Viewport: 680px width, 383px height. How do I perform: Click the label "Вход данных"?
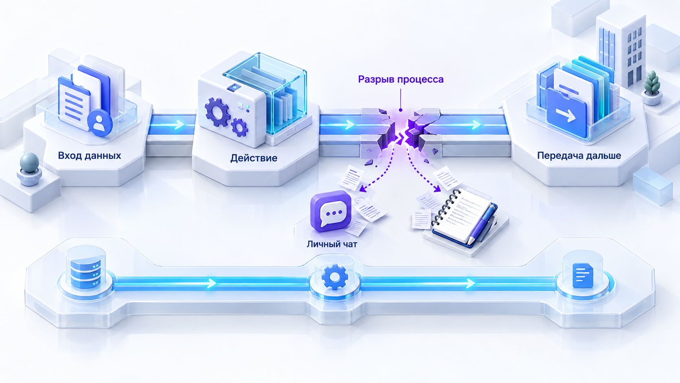[x=89, y=156]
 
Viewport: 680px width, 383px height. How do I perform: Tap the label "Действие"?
[x=254, y=158]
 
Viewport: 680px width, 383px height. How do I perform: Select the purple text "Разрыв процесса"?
[x=401, y=80]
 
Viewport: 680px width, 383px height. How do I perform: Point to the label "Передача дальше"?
[x=579, y=156]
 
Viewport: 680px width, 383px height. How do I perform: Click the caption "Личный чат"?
[x=332, y=244]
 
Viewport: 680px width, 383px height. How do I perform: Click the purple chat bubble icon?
[x=331, y=211]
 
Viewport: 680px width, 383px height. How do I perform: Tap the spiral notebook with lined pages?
[x=462, y=217]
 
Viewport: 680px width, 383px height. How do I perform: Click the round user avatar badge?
[x=100, y=123]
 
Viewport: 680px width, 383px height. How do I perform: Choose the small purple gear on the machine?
[x=240, y=127]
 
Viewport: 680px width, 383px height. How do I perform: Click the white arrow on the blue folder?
[x=566, y=115]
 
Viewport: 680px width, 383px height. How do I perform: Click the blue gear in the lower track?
[x=335, y=277]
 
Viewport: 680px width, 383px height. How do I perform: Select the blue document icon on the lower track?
[x=582, y=276]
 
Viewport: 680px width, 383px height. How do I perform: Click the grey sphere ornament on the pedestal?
[x=29, y=163]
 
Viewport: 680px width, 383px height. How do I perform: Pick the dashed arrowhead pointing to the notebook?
[x=438, y=189]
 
